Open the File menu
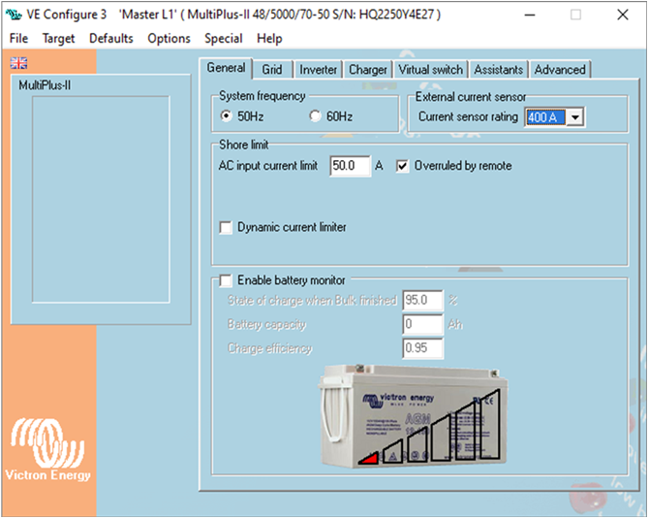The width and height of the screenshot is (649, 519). point(18,39)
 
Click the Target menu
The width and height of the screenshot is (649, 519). point(58,39)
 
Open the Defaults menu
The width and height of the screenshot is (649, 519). point(110,39)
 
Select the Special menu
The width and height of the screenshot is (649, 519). point(223,39)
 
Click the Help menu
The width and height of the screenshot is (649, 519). point(269,39)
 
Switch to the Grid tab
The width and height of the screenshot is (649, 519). point(272,70)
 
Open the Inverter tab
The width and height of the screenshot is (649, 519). point(318,70)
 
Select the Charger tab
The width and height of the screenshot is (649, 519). point(368,70)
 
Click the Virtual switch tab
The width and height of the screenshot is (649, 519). point(430,70)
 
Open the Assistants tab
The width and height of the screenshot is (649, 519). point(499,70)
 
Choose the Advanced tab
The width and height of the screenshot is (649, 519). point(560,70)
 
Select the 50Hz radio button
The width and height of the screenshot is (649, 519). point(227,116)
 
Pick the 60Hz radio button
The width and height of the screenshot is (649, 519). point(315,116)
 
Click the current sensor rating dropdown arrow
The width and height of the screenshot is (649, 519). point(575,117)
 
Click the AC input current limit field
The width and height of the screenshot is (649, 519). point(350,166)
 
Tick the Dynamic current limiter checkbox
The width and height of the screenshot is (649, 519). point(226,228)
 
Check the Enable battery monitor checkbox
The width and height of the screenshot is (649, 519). point(226,281)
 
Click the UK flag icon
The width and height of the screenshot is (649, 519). point(18,63)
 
